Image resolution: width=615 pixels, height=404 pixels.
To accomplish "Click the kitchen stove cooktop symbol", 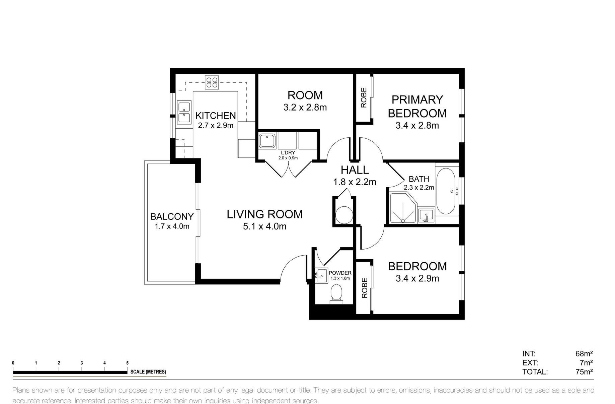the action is pos(212,82).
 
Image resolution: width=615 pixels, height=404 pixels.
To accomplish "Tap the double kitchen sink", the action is pos(184,113).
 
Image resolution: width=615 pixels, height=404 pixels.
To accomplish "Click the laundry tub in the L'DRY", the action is pos(267,141).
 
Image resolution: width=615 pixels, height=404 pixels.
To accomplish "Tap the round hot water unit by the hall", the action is pos(344,215).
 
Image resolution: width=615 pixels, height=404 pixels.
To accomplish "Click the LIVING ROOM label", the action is pos(264,214).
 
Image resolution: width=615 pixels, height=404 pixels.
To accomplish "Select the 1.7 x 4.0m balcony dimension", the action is pos(172,226).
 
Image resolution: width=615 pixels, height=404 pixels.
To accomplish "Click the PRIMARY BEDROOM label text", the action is pos(417,107).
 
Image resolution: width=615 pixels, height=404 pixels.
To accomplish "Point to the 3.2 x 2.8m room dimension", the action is pos(305,108).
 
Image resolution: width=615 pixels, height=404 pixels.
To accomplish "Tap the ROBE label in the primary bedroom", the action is pos(364,97).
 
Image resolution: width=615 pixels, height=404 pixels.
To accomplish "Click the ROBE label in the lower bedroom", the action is pos(364,288).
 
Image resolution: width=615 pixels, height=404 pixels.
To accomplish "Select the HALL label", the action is pos(355,170).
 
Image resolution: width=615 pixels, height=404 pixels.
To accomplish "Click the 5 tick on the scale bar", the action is pos(127,363).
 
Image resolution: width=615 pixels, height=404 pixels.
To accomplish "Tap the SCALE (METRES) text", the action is pos(148,372).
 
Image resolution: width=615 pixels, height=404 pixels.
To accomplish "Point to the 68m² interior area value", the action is pos(584,353).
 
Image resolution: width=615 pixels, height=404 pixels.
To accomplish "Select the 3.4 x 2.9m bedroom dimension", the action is pos(417,278).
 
